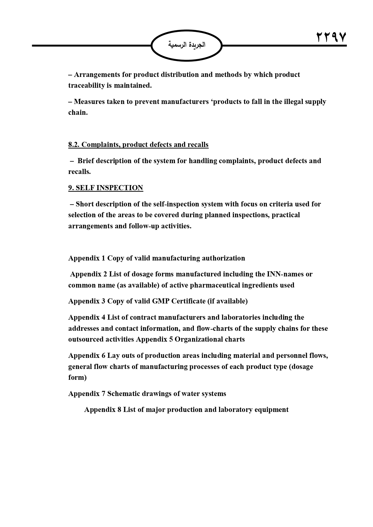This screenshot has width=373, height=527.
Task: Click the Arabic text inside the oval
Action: coord(186,45)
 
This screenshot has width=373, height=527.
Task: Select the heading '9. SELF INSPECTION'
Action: coord(105,188)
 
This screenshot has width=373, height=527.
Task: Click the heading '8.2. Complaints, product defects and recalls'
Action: coord(138,145)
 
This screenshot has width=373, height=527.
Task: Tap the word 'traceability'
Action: coord(86,85)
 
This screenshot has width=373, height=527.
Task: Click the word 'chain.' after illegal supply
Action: coord(78,113)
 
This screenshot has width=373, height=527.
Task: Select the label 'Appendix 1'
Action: coord(87,258)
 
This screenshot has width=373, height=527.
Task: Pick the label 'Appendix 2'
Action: coord(88,274)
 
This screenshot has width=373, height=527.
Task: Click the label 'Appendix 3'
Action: coord(87,301)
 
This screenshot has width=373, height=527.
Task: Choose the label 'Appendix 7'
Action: coord(87,394)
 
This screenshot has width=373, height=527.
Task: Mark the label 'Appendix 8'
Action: coord(102,410)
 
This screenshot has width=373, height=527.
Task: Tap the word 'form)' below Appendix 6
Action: coord(77,377)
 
